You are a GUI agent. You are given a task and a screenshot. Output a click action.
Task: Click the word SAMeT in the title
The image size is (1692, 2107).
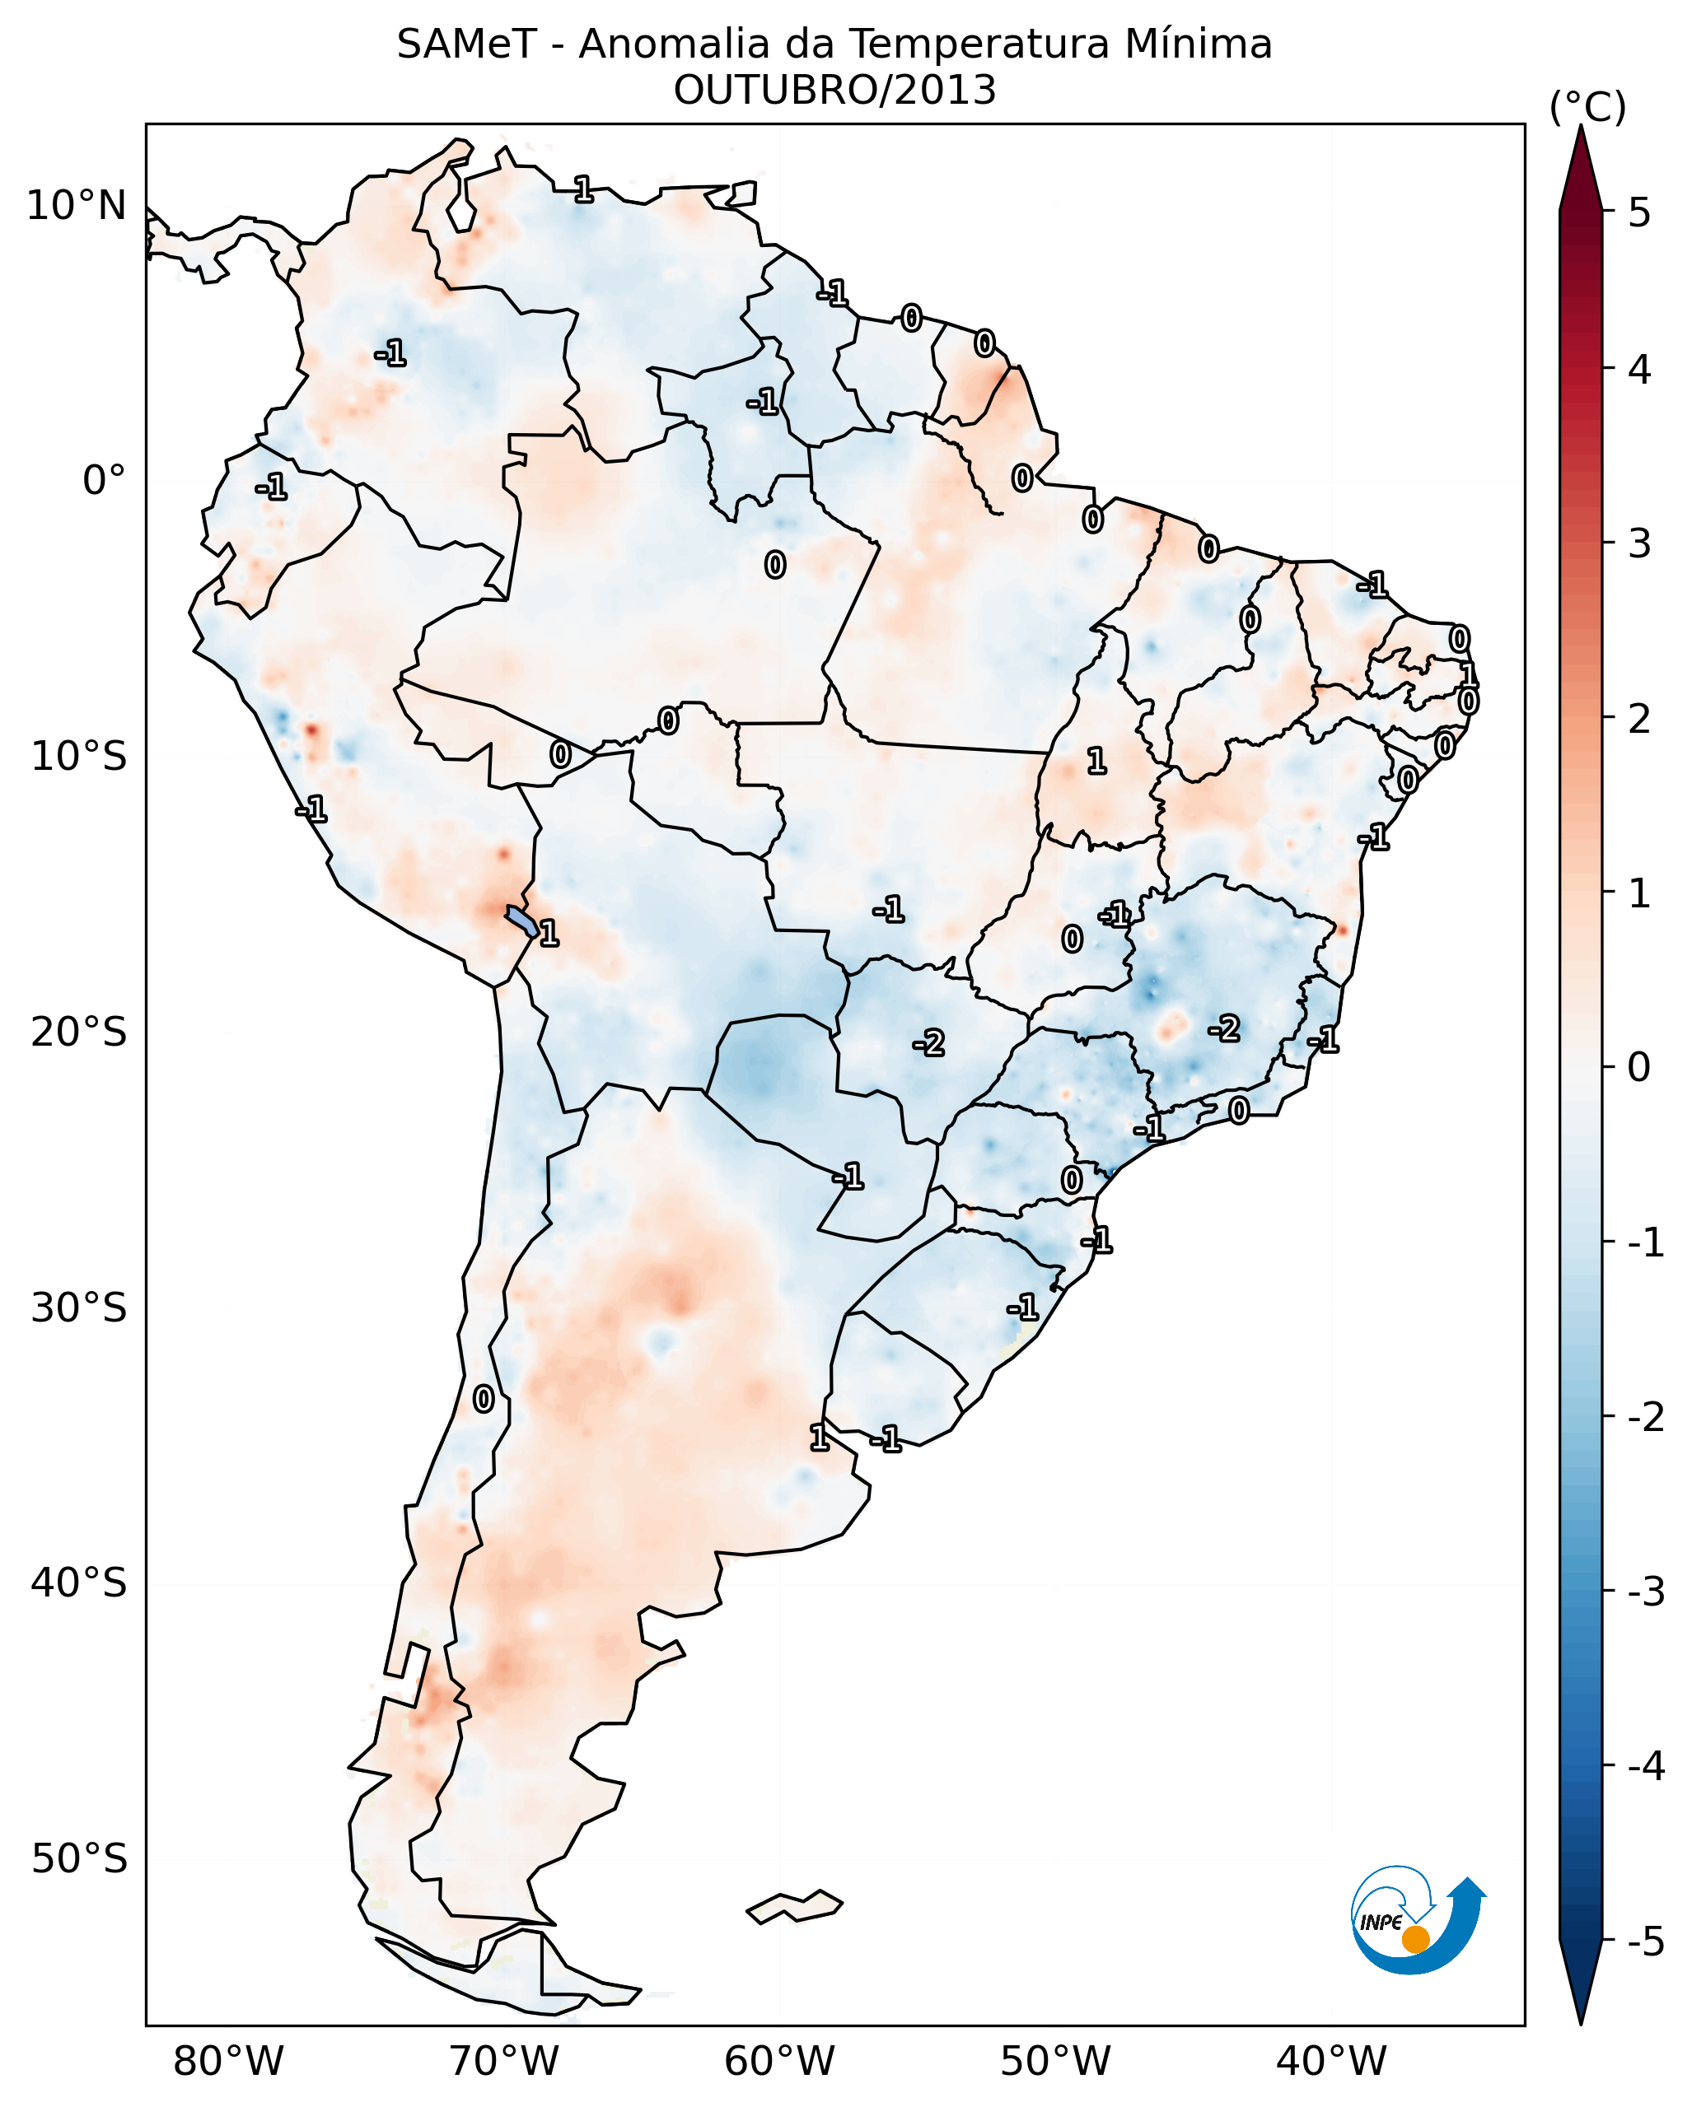point(465,45)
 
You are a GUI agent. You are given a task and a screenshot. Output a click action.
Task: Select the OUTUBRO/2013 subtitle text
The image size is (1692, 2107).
point(834,91)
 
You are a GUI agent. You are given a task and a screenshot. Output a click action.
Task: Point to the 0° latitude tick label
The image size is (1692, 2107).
point(104,481)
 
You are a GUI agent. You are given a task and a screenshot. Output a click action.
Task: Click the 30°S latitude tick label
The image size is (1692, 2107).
point(78,1308)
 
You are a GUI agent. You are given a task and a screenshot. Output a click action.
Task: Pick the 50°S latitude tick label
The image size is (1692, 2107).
point(78,1859)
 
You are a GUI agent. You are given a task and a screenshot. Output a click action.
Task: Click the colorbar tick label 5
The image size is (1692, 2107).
point(1639,212)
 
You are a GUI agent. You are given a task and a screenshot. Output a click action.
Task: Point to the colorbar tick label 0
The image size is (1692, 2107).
point(1639,1066)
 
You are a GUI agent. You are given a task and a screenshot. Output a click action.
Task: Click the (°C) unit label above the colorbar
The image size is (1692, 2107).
point(1587,108)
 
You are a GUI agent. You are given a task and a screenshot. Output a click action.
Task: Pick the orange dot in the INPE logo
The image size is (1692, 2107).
point(1414,1940)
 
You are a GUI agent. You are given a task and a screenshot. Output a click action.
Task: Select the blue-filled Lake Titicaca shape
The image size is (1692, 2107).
point(521,920)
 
